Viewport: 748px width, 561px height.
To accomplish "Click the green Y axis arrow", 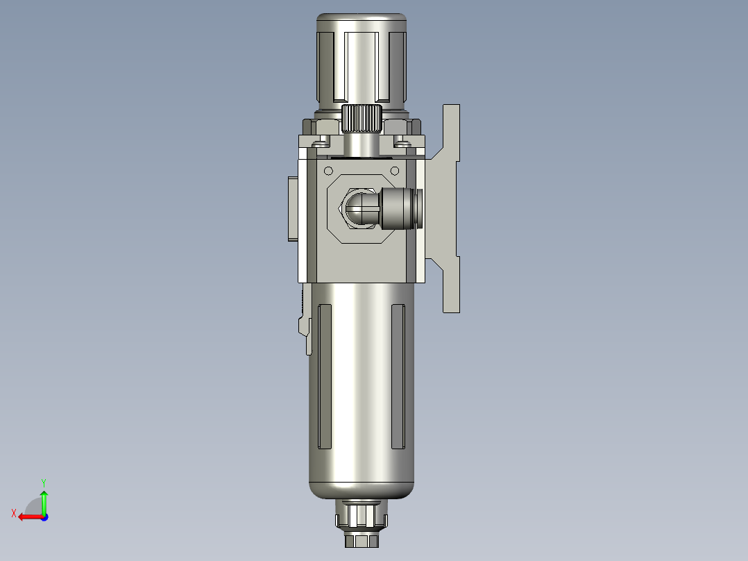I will click(x=44, y=499).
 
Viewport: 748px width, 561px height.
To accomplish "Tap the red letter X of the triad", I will click(x=14, y=513).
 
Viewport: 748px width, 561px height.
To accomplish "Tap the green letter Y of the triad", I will click(x=44, y=481).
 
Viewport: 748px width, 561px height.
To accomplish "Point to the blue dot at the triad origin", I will click(x=44, y=517).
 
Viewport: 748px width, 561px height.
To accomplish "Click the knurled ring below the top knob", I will click(x=362, y=119).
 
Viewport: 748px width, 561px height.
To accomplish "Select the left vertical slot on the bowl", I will click(x=324, y=376).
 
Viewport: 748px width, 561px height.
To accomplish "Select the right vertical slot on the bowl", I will click(x=398, y=376).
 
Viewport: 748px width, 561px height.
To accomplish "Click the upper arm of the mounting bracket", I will click(x=451, y=132).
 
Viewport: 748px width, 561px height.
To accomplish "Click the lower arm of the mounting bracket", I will click(x=451, y=285).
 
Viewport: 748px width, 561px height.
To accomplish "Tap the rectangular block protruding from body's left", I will click(x=291, y=208).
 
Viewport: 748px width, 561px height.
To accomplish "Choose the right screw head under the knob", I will click(x=402, y=143).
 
